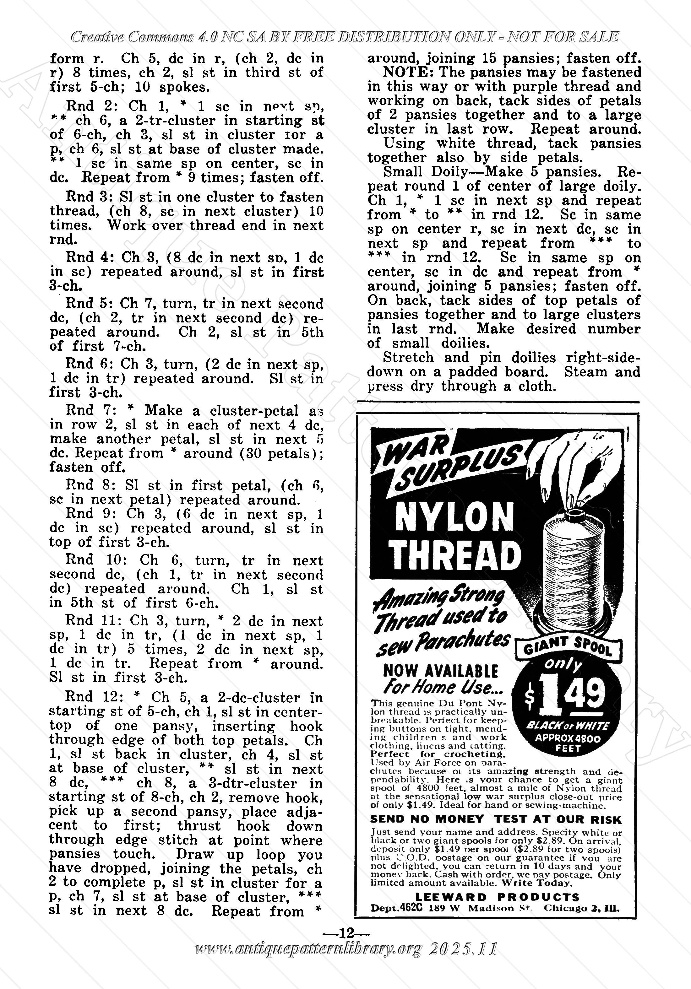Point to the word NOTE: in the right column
405,72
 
